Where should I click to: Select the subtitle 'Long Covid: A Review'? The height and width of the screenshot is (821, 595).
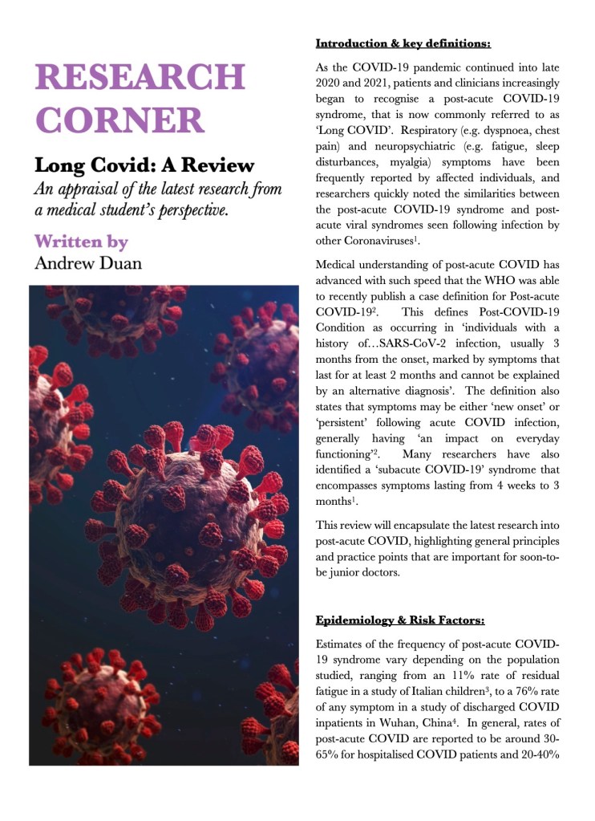click(x=144, y=166)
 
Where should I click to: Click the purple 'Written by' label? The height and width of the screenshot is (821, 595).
click(x=81, y=241)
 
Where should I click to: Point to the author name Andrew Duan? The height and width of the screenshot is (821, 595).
click(x=87, y=263)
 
